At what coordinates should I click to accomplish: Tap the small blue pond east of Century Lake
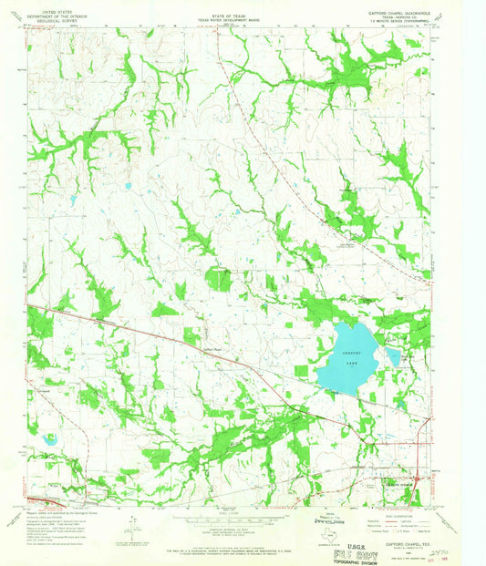click(392, 354)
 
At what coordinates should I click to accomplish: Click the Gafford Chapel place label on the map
click(212, 347)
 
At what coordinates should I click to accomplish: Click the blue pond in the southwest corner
click(49, 439)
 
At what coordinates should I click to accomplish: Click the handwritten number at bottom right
click(442, 551)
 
